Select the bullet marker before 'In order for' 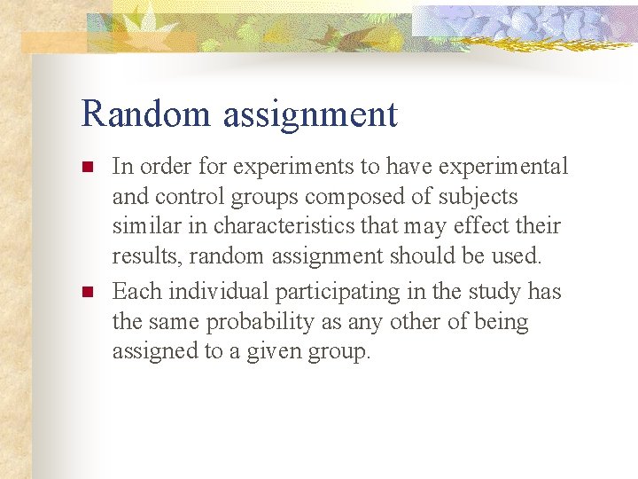coord(87,166)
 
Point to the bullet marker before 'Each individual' coord(87,291)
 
